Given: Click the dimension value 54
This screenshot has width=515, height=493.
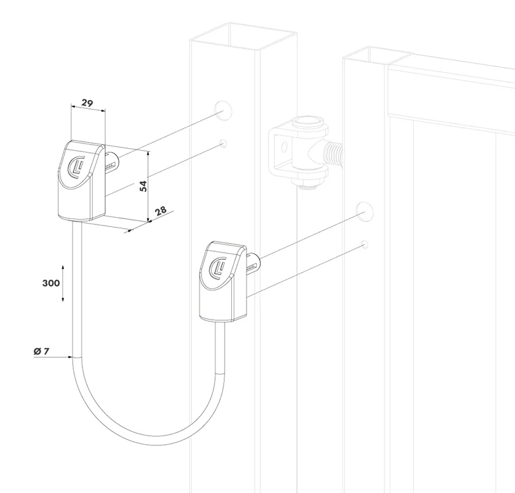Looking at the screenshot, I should tap(144, 186).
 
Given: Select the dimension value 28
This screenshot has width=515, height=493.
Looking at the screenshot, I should tap(161, 211).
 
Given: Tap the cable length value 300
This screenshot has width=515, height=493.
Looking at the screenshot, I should tap(51, 283).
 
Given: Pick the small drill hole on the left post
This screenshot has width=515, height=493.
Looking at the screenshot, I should tap(223, 142).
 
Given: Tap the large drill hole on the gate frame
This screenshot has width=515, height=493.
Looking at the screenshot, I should tap(365, 210).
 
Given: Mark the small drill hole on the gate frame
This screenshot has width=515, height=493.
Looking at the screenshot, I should tap(364, 244).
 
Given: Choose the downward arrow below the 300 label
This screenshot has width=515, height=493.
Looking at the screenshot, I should tap(62, 299).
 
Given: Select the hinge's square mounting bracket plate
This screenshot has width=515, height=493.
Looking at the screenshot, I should tap(281, 149).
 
